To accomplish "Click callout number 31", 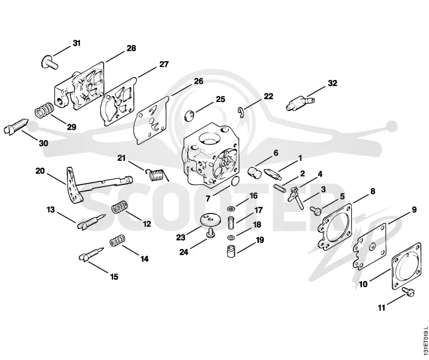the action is (77, 43).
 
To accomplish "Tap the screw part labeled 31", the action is (49, 62).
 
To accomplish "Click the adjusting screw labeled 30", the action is (16, 126).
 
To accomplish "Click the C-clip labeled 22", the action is (240, 113).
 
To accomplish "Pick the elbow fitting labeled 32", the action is (300, 102).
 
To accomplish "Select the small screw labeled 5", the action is (316, 210).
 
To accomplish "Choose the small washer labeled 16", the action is (231, 209).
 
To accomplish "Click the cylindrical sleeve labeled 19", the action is (232, 251).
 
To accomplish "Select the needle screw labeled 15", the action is (91, 254).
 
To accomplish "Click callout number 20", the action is (40, 171).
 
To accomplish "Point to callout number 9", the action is (414, 210).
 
